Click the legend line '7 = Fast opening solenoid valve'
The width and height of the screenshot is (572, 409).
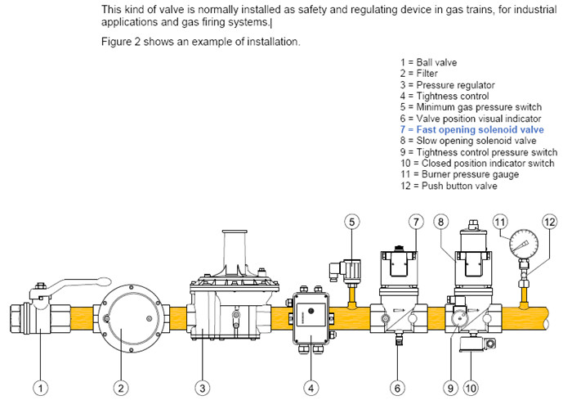(472, 130)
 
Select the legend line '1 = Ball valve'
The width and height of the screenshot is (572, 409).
(429, 62)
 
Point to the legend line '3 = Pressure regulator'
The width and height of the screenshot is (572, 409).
(447, 85)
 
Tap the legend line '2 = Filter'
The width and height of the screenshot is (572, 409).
(420, 74)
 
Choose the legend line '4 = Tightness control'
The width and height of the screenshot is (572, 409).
(445, 97)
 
